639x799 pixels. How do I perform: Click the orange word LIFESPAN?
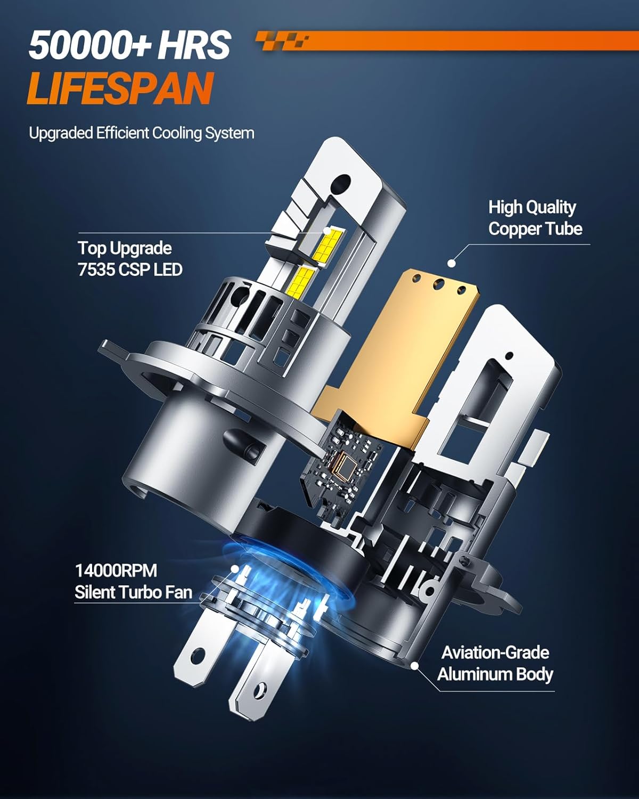click(121, 89)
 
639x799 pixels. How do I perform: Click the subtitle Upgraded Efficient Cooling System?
click(142, 133)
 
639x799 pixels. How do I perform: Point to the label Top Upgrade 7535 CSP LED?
click(130, 259)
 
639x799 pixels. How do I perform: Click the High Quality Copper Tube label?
click(535, 218)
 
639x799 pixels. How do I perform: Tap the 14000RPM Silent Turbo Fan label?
click(133, 582)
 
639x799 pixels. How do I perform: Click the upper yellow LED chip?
click(328, 244)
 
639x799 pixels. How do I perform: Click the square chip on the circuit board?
click(347, 465)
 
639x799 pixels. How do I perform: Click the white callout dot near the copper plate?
click(451, 263)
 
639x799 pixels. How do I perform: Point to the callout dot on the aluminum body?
click(414, 666)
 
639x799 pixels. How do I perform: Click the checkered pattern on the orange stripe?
click(282, 40)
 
